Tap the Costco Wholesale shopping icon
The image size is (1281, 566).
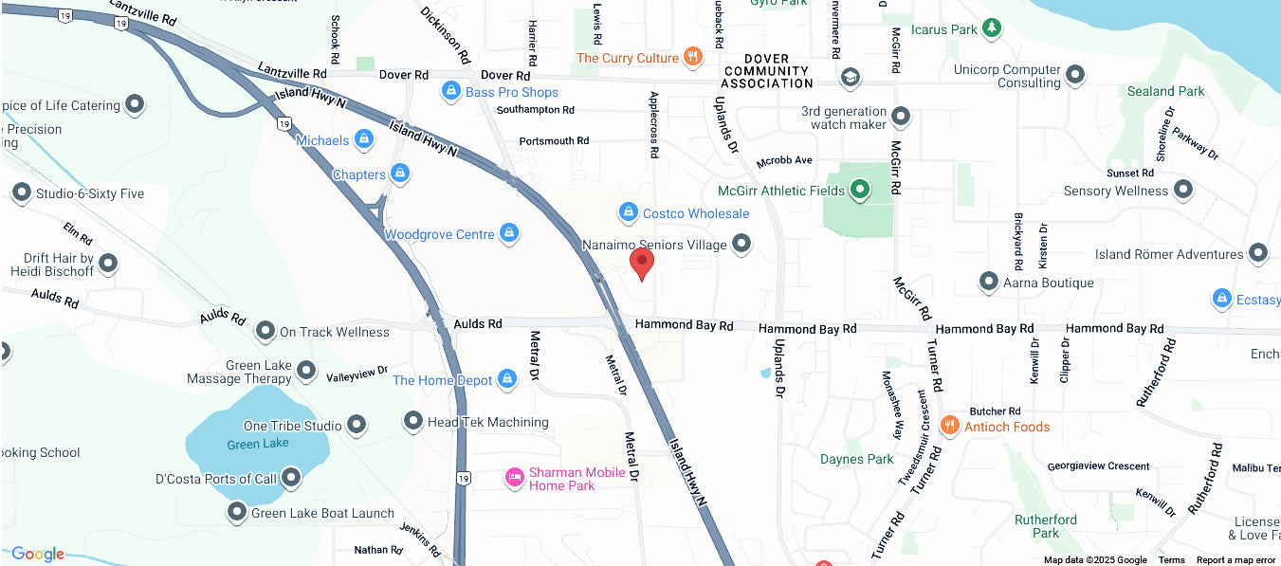(627, 213)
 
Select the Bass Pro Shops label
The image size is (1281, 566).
(511, 92)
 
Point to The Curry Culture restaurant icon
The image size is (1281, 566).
(693, 58)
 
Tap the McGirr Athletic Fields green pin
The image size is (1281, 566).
(860, 190)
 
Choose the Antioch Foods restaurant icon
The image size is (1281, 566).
(949, 426)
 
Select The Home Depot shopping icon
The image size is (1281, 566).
(507, 380)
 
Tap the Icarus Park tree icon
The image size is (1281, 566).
(992, 28)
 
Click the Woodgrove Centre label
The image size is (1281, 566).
(439, 234)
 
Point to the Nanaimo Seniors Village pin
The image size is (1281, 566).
(741, 245)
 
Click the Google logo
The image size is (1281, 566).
(37, 554)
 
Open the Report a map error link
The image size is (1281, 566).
(1235, 560)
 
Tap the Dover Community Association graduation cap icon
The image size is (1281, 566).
(851, 76)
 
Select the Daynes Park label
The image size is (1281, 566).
(856, 459)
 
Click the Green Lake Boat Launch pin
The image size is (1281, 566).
(237, 513)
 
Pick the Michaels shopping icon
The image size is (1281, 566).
(362, 140)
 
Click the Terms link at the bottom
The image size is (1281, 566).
(1171, 560)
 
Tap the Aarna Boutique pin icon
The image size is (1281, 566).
(989, 283)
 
